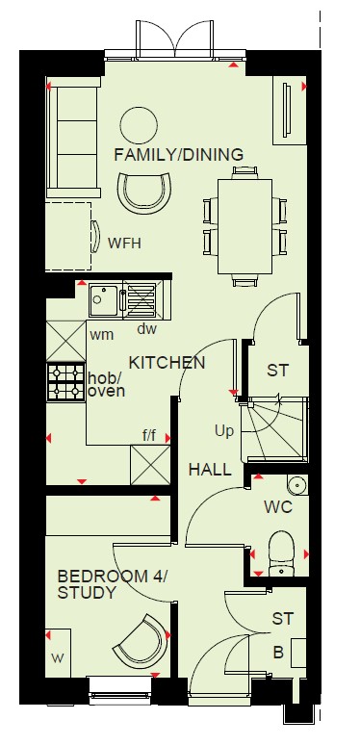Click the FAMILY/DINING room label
point(179,155)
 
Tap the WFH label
point(124,244)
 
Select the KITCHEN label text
point(167,363)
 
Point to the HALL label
point(210,470)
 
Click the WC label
point(278,507)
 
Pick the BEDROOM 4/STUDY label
point(112,584)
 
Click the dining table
point(245,226)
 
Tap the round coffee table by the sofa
point(139,125)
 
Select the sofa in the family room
point(73,138)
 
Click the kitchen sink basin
point(103,299)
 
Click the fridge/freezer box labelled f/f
point(150,465)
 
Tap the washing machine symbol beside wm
point(66,341)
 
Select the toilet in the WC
point(282,554)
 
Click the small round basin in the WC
point(297,485)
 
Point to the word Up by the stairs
point(224,432)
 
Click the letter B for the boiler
point(278,653)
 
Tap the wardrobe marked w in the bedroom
point(58,653)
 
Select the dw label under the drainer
point(146,329)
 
